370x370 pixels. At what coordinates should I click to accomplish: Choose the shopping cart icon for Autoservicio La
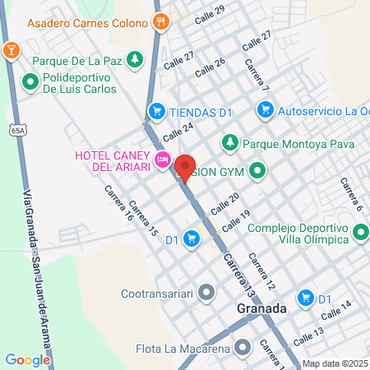pyautogui.click(x=265, y=109)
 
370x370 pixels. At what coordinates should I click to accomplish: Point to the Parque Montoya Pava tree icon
pyautogui.click(x=230, y=141)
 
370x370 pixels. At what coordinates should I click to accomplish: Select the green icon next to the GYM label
pyautogui.click(x=258, y=172)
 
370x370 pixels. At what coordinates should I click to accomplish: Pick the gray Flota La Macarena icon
pyautogui.click(x=242, y=349)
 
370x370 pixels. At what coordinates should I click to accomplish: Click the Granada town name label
pyautogui.click(x=258, y=309)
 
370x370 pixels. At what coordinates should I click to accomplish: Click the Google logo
pyautogui.click(x=27, y=359)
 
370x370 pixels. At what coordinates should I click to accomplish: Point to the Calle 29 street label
pyautogui.click(x=209, y=12)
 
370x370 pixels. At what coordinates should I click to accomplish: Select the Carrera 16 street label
pyautogui.click(x=118, y=204)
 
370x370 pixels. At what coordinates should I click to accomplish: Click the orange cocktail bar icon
pyautogui.click(x=11, y=52)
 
